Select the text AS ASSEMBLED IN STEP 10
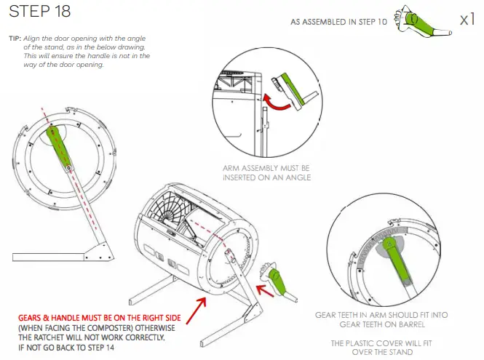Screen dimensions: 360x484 pos(338,22)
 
